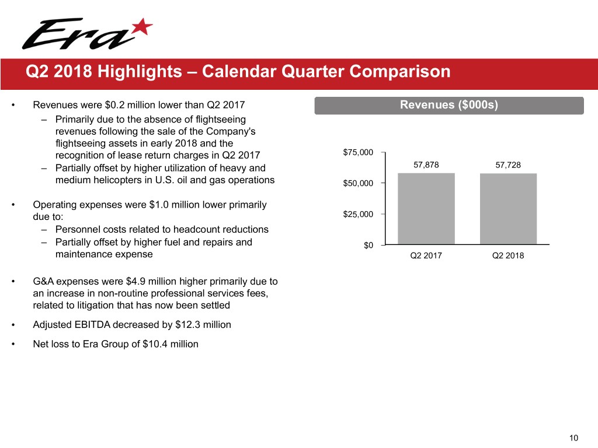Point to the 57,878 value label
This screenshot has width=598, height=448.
[x=426, y=164]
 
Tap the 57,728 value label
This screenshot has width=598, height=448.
[x=508, y=164]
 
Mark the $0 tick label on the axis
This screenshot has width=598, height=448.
[x=368, y=246]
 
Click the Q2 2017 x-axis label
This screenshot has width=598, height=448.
[x=426, y=255]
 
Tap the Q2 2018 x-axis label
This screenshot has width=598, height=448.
[x=508, y=255]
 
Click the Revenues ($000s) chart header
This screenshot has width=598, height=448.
[x=448, y=105]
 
